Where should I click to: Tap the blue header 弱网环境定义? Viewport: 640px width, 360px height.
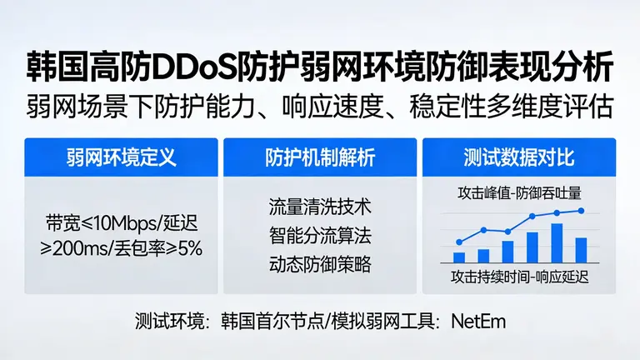(x=122, y=157)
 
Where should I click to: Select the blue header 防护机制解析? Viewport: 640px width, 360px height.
(x=320, y=157)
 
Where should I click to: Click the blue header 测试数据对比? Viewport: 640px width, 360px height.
(x=518, y=157)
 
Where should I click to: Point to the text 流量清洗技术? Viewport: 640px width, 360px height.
(x=320, y=205)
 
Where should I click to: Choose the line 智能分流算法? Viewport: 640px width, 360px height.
(x=320, y=235)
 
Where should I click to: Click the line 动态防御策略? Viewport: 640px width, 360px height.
(x=320, y=265)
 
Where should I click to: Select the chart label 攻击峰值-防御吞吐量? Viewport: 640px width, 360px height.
(x=518, y=192)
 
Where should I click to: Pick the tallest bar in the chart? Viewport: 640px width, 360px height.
(x=557, y=242)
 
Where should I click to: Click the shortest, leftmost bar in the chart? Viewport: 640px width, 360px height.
(x=459, y=257)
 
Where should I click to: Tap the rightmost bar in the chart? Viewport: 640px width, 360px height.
(x=582, y=250)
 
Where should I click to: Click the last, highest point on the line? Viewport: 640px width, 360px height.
(x=582, y=211)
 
